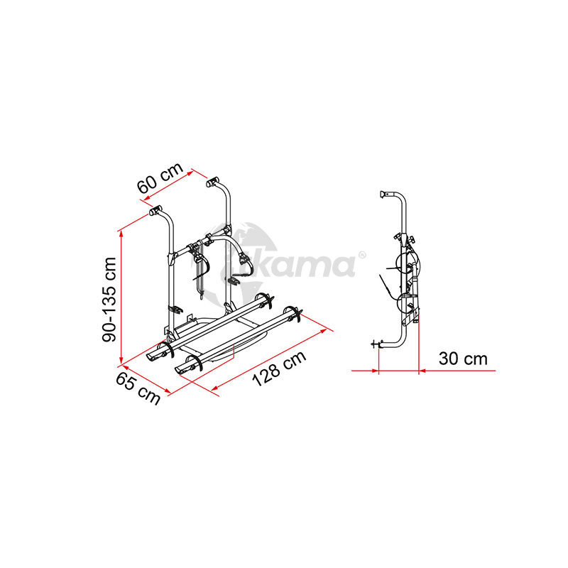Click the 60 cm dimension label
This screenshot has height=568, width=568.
(160, 178)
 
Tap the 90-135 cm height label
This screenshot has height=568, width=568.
(109, 299)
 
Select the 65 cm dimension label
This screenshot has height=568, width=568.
(138, 388)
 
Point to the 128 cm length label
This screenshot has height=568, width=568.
(279, 368)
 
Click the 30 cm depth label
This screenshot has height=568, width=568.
(463, 359)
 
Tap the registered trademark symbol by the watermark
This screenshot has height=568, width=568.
(362, 255)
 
